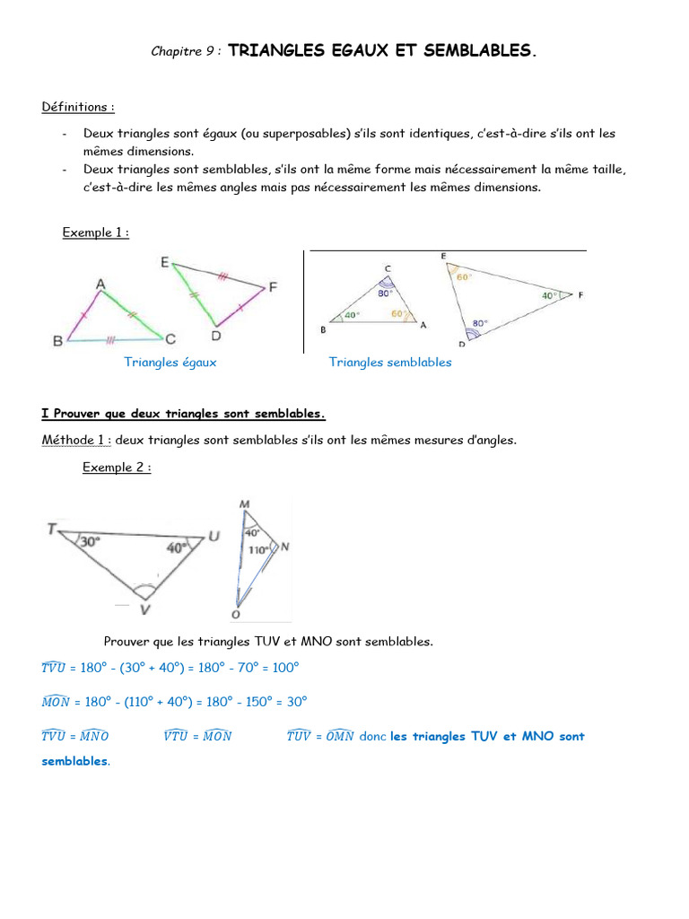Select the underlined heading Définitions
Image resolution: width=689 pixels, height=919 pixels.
coord(78,108)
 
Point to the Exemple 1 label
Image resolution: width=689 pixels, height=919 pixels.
coord(95,232)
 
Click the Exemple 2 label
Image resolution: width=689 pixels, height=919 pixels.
coord(117,468)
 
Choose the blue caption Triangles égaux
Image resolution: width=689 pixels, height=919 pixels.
coord(170,363)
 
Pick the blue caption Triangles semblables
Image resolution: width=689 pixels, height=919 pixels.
coord(390,363)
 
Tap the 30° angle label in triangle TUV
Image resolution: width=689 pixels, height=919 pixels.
coord(88,542)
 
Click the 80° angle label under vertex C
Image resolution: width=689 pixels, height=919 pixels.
coord(386,293)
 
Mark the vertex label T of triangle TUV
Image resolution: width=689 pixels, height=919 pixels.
coord(51,530)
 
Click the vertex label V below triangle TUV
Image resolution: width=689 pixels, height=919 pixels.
coord(144,609)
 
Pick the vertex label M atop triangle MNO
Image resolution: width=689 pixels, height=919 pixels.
coord(244,504)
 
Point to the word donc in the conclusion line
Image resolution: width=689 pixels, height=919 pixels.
coord(372,737)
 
